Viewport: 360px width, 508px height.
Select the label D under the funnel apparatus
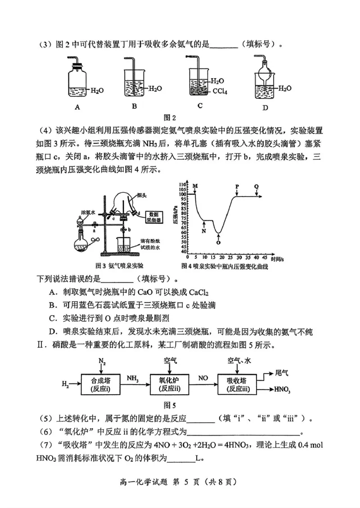tap(265, 107)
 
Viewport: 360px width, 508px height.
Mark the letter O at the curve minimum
tap(218, 242)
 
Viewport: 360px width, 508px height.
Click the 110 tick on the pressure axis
tap(182, 185)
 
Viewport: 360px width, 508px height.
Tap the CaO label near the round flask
tap(95, 241)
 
